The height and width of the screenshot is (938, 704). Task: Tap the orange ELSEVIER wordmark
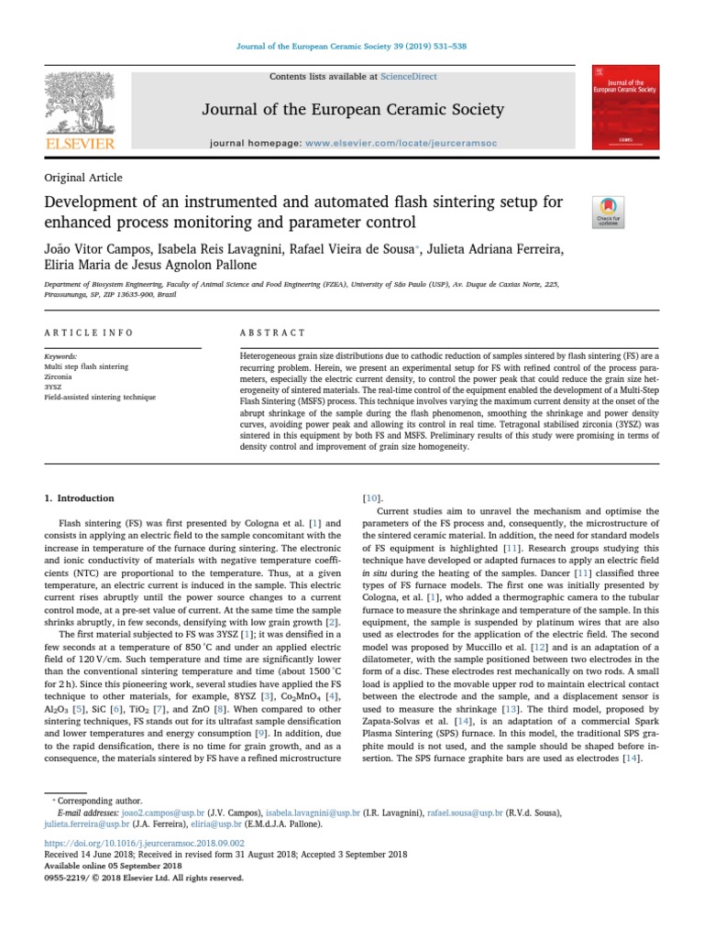point(80,144)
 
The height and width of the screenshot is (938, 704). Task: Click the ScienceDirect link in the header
point(411,76)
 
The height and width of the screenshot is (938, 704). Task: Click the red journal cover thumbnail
point(626,107)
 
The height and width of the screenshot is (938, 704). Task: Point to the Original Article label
point(83,178)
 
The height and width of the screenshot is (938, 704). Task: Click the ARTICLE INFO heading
point(89,333)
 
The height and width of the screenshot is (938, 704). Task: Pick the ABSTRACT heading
point(272,333)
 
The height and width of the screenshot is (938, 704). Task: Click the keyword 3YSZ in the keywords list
point(56,387)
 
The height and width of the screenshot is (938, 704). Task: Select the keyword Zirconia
point(60,376)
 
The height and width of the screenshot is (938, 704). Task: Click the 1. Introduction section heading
point(80,498)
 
